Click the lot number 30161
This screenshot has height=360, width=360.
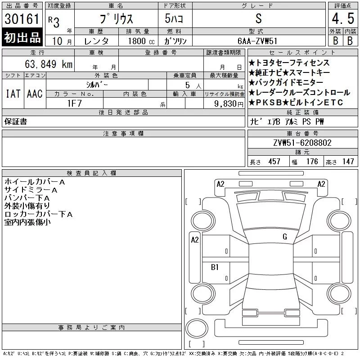point(22,19)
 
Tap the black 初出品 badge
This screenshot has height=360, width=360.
point(22,37)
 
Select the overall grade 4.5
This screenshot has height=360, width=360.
point(343,18)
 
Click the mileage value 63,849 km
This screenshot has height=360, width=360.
point(49,64)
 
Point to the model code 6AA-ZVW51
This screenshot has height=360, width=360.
point(257,41)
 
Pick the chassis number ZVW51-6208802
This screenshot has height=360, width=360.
point(302,143)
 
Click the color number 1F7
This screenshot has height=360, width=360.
point(75,103)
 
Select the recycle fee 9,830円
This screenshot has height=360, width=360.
point(229,104)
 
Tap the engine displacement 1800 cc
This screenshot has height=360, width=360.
point(141,41)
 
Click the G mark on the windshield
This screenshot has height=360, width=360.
point(285,237)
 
